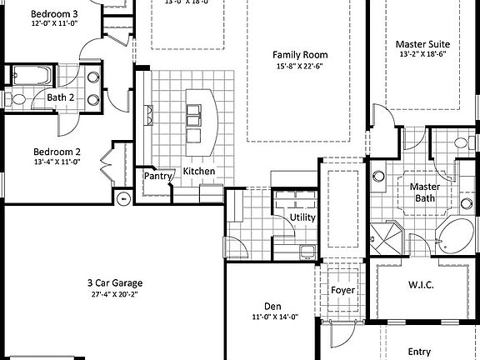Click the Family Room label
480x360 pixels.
pos(297,55)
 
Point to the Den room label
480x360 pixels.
pos(273,305)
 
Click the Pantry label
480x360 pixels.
pos(158,176)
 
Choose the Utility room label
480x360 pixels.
pos(302,217)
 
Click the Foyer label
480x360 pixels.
pos(342,290)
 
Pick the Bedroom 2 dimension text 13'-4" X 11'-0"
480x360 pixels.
pos(57,163)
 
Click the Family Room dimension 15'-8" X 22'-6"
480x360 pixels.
pos(297,67)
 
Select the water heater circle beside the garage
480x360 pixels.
pos(123,198)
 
